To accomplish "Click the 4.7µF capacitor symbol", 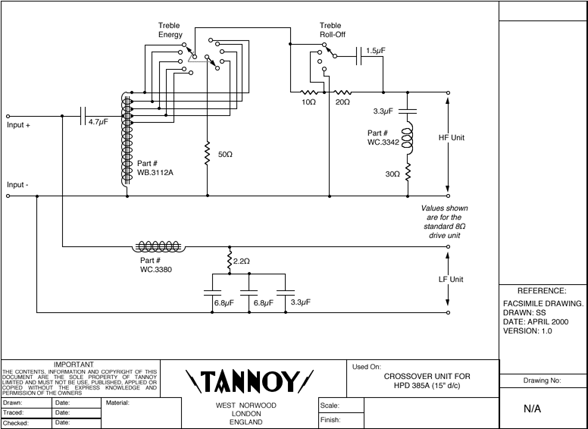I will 84,116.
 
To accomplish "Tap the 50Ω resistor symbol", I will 207,155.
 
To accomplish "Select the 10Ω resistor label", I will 308,102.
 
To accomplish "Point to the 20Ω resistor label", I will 342,102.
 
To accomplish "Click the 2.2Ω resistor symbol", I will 229,261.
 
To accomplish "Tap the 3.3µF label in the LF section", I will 301,303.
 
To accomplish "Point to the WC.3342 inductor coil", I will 408,137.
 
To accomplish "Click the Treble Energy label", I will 170,30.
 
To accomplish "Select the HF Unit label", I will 451,138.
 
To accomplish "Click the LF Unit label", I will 451,279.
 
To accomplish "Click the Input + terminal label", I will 18,126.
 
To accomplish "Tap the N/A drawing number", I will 543,409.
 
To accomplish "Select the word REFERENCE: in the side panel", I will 542,290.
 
